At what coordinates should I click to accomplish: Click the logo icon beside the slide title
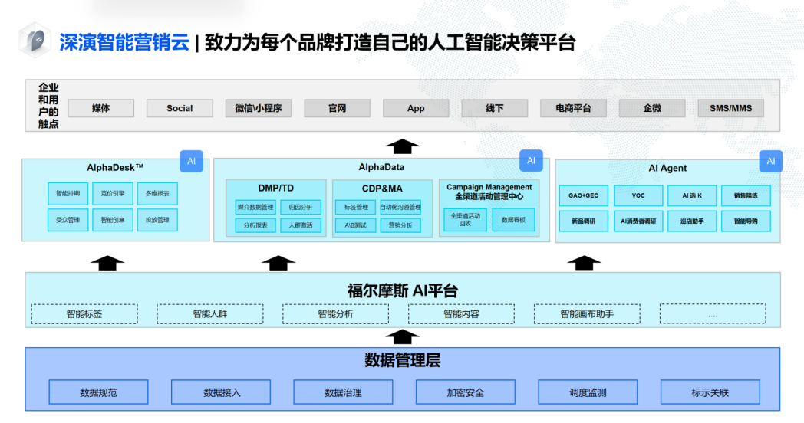(35, 41)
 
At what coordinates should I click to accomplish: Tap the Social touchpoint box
(180, 108)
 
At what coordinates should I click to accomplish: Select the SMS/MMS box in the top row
(730, 108)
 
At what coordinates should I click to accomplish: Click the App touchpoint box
(416, 108)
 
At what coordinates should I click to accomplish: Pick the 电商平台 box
(573, 108)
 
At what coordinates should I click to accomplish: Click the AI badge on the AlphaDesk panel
(191, 162)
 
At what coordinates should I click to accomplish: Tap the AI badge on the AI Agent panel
(770, 162)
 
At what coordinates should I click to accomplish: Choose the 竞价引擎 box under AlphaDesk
(113, 193)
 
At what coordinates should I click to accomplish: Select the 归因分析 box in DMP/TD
(301, 207)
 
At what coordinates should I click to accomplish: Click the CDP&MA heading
(382, 189)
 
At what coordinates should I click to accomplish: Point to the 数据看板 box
(513, 220)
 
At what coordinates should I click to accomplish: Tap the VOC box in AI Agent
(638, 195)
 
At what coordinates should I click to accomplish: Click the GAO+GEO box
(584, 195)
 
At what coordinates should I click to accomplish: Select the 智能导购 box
(746, 221)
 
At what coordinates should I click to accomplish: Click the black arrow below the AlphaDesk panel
(107, 262)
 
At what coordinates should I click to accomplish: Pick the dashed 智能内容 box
(461, 314)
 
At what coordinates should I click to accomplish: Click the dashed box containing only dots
(713, 314)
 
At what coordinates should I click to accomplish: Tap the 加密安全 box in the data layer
(466, 392)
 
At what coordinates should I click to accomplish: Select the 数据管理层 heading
(402, 361)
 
